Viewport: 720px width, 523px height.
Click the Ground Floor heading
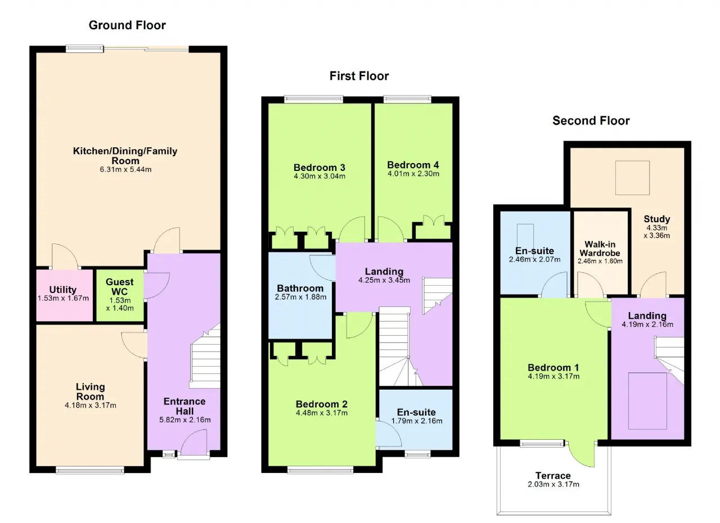(x=127, y=25)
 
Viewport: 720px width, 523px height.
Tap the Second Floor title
(x=591, y=121)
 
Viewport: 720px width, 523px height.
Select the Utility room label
(x=62, y=290)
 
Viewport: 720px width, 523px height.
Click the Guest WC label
(x=120, y=287)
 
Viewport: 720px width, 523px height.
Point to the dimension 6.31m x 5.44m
(x=125, y=169)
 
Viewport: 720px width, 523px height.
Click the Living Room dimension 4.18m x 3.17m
(x=91, y=405)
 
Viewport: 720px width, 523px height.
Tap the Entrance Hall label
(x=184, y=406)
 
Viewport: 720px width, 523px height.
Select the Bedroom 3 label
(x=319, y=168)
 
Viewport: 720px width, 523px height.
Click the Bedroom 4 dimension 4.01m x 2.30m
(x=413, y=174)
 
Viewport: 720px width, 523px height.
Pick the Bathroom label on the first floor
(x=300, y=288)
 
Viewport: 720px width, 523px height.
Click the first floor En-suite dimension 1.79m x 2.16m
(x=417, y=421)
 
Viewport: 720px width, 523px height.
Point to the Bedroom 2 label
(x=321, y=404)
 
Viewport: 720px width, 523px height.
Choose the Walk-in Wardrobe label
(x=600, y=249)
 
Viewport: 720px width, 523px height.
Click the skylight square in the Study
(x=632, y=178)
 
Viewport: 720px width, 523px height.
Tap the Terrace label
(x=553, y=475)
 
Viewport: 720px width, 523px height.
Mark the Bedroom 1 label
(x=553, y=367)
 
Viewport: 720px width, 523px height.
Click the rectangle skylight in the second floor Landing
(x=647, y=401)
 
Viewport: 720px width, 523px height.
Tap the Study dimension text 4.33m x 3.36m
(x=656, y=232)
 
